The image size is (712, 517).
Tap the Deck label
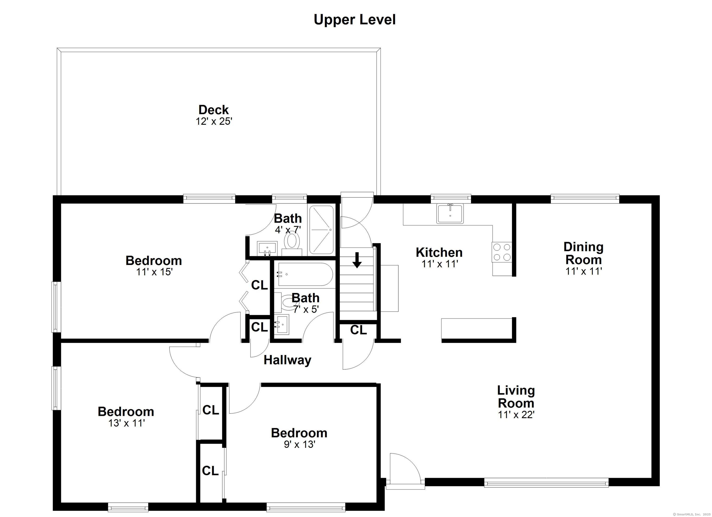[214, 110]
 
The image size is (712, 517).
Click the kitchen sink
[450, 214]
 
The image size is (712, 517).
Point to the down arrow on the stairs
[357, 260]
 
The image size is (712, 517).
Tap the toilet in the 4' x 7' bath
[292, 243]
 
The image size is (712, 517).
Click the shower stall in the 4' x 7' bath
[321, 230]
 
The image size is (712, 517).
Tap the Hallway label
[287, 360]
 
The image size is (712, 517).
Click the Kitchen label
[439, 252]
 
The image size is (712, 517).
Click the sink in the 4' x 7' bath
[267, 249]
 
